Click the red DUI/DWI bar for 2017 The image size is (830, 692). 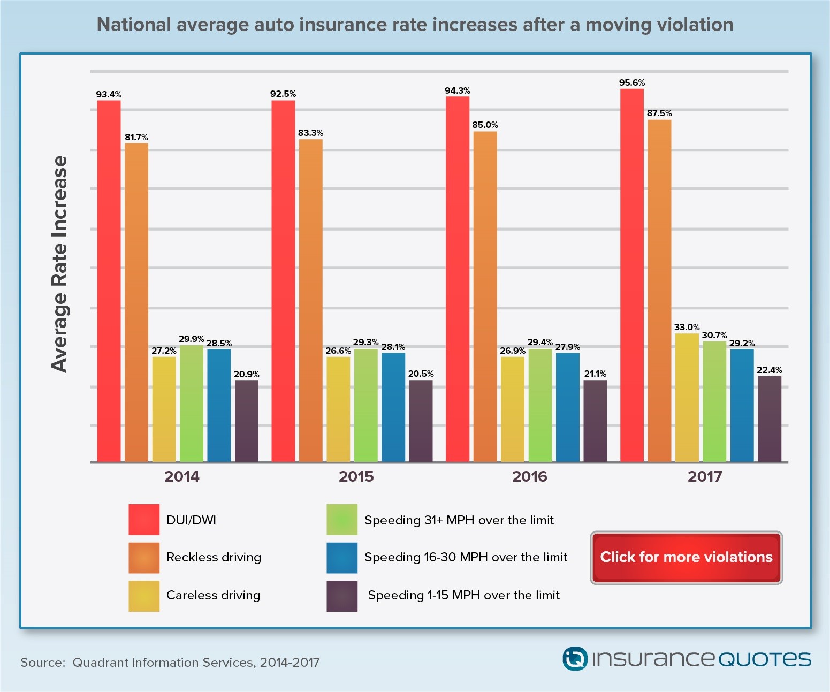pyautogui.click(x=631, y=275)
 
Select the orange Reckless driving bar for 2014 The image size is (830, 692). pyautogui.click(x=136, y=302)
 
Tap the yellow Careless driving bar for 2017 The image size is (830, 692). pyautogui.click(x=687, y=398)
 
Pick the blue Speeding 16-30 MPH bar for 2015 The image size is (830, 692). pyautogui.click(x=393, y=407)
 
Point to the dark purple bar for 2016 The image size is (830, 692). pyautogui.click(x=595, y=421)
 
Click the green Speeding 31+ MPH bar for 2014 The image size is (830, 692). pyautogui.click(x=192, y=404)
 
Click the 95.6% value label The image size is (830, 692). pyautogui.click(x=631, y=82)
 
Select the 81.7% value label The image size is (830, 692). pyautogui.click(x=136, y=137)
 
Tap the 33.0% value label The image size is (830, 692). pyautogui.click(x=687, y=327)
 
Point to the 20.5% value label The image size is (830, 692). pyautogui.click(x=421, y=374)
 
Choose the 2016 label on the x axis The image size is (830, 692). pyautogui.click(x=529, y=476)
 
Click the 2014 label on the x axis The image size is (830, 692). pyautogui.click(x=181, y=476)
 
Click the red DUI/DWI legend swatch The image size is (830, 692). pyautogui.click(x=144, y=520)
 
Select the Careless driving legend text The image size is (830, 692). pyautogui.click(x=213, y=595)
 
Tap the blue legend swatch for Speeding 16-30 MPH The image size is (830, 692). pyautogui.click(x=342, y=558)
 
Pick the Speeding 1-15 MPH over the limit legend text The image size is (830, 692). pyautogui.click(x=463, y=595)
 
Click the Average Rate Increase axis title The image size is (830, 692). pyautogui.click(x=59, y=264)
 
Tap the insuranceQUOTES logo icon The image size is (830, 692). pyautogui.click(x=575, y=659)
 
